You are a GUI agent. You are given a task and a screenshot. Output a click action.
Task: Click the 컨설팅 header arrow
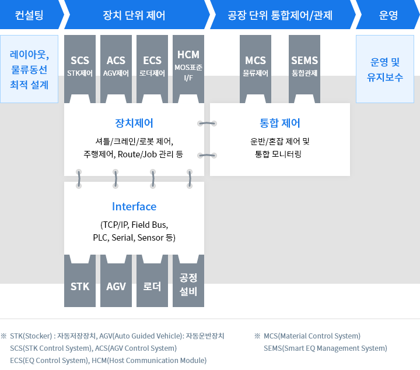(x=29, y=15)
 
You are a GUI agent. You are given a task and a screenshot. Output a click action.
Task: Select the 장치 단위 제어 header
(x=134, y=15)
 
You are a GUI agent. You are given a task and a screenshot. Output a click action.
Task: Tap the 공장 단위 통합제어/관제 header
(x=280, y=15)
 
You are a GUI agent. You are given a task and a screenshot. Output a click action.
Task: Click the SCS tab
(x=80, y=65)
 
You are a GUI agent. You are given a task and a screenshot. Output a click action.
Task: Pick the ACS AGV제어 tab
(x=116, y=65)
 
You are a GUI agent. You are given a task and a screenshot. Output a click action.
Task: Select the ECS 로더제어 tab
(x=152, y=65)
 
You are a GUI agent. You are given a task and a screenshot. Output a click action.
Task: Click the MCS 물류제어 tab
(x=256, y=65)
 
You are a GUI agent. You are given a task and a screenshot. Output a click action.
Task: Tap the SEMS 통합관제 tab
(x=304, y=65)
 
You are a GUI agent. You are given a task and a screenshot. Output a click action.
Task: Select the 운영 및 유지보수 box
(x=385, y=69)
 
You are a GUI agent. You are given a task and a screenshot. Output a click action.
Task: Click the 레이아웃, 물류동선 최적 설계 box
(x=29, y=69)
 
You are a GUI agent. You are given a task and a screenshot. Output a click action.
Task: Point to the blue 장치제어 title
(x=134, y=123)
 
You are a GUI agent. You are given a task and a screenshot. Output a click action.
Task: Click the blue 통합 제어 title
(x=280, y=123)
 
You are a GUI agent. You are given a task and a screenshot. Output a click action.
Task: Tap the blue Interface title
(x=134, y=207)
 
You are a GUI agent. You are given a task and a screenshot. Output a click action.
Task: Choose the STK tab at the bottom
(x=80, y=286)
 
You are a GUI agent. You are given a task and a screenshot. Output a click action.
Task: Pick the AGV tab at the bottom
(x=116, y=286)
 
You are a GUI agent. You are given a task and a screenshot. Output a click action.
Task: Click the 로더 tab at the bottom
(x=152, y=286)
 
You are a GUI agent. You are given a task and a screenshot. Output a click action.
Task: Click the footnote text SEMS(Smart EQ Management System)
(x=325, y=348)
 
